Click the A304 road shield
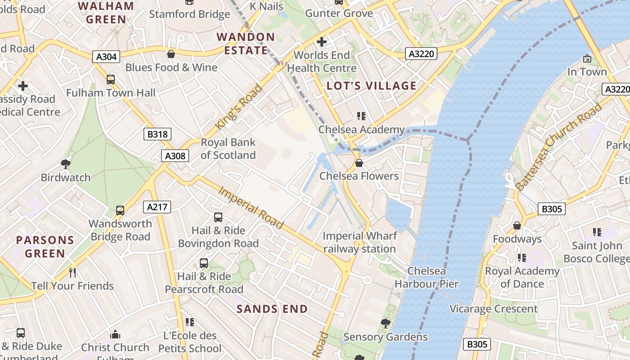[106, 57]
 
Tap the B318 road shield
[157, 134]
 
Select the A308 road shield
[175, 156]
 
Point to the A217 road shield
[157, 207]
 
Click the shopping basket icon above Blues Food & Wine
[171, 54]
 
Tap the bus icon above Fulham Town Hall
[111, 80]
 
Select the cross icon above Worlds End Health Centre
[321, 42]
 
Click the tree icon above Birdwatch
[66, 164]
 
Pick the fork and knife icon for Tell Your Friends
[72, 272]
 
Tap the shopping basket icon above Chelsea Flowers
[359, 162]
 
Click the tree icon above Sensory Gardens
[385, 323]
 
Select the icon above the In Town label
[587, 58]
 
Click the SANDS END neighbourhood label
[272, 309]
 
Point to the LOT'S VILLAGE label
[372, 86]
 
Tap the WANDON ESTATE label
[246, 44]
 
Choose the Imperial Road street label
[251, 207]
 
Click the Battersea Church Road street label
[558, 147]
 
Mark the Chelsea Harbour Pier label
[426, 277]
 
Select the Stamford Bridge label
[189, 14]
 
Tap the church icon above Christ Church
[115, 334]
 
